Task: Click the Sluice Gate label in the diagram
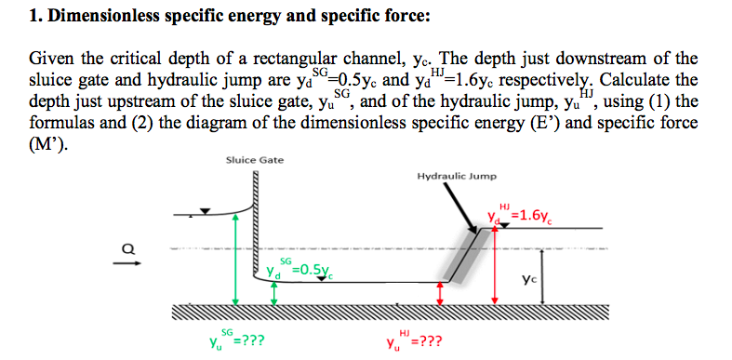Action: pos(255,160)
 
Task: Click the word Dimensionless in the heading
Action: pos(81,16)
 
